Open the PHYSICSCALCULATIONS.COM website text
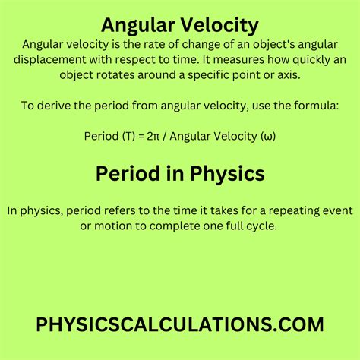pyautogui.click(x=180, y=324)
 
